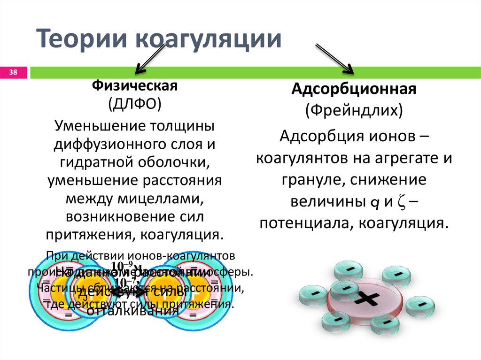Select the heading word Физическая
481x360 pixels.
134,86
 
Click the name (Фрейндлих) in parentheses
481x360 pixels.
354,111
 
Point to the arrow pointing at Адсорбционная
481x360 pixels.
334,59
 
